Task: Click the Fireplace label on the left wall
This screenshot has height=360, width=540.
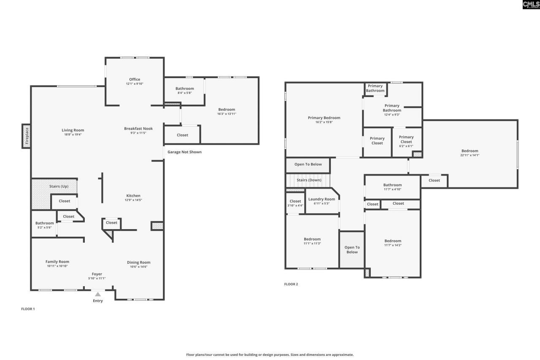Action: coord(27,136)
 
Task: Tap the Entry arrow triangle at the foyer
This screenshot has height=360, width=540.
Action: coord(98,294)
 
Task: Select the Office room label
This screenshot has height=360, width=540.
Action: coord(135,79)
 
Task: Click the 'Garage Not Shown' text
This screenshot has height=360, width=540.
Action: coord(184,152)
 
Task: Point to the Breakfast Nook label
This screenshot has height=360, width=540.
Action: coord(138,129)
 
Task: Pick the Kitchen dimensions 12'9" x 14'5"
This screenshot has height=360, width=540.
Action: coord(133,200)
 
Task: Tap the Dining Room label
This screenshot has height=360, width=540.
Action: coord(139,263)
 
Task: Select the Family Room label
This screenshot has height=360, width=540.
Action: coord(57,262)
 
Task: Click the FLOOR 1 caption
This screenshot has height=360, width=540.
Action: coord(28,309)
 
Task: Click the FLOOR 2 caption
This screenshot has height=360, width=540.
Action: coord(291,284)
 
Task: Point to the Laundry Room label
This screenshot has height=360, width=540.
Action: coord(321,199)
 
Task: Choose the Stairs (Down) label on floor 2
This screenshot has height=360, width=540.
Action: coord(309,180)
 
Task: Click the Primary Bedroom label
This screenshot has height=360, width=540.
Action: coord(324,118)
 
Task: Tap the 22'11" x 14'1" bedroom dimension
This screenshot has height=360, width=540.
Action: coord(470,155)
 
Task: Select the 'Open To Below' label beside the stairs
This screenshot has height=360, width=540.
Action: coord(308,164)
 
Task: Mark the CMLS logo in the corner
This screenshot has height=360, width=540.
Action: coord(531,5)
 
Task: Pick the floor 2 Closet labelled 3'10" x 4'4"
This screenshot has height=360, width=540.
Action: coord(295,203)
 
